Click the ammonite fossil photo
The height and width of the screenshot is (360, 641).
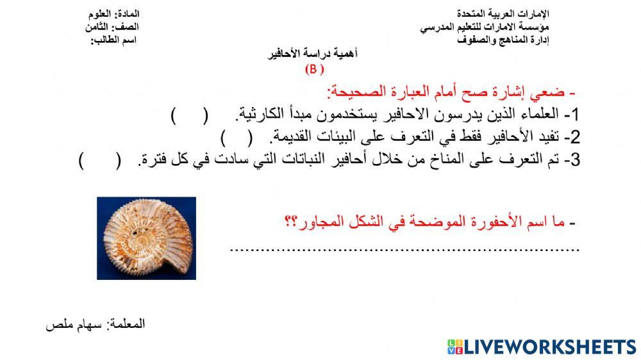[146, 238]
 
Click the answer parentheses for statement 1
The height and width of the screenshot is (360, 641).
[190, 116]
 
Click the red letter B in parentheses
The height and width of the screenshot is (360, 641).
[314, 70]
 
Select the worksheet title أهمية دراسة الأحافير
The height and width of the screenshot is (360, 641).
[312, 54]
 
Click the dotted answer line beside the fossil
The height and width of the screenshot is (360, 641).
[404, 250]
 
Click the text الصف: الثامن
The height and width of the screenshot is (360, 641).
[112, 27]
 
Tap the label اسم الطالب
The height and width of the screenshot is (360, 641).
[115, 40]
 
